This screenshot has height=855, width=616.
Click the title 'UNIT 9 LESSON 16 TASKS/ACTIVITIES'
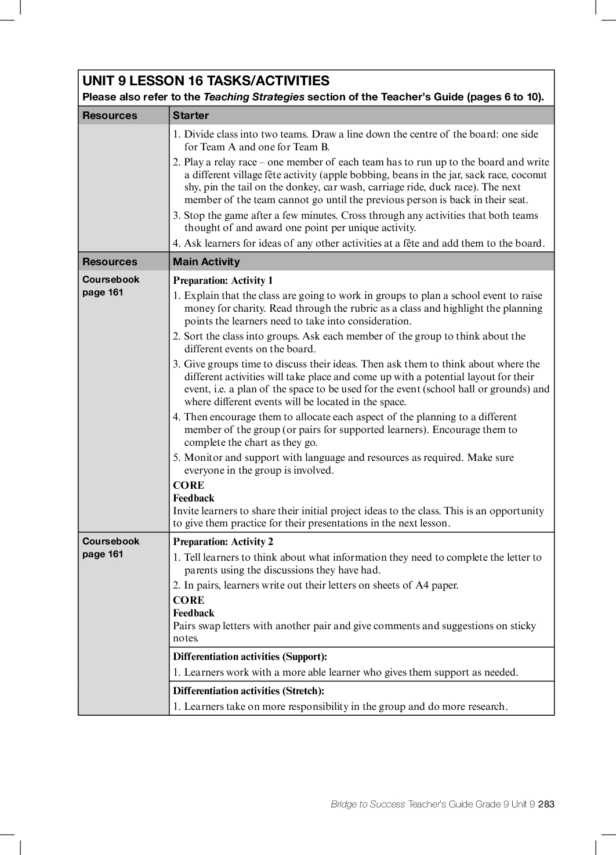206,81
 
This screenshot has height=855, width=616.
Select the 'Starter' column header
191,116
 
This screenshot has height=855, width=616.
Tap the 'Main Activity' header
206,262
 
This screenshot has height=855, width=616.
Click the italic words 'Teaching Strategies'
253,97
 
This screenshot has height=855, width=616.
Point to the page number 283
546,804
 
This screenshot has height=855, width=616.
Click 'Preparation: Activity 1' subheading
223,281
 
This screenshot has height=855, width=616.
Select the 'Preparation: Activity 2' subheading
223,542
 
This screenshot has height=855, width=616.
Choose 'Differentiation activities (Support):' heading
250,657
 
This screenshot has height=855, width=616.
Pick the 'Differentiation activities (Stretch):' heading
248,691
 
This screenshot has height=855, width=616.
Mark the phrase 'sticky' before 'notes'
523,626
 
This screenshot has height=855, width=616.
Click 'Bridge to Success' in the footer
368,804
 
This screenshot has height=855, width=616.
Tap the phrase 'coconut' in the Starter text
529,175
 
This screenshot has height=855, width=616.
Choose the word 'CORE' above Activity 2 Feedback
189,600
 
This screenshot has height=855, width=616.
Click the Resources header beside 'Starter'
110,116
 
